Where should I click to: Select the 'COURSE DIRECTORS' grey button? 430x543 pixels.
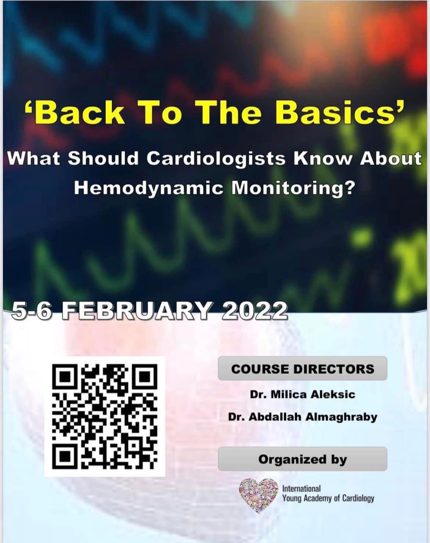(x=302, y=369)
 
